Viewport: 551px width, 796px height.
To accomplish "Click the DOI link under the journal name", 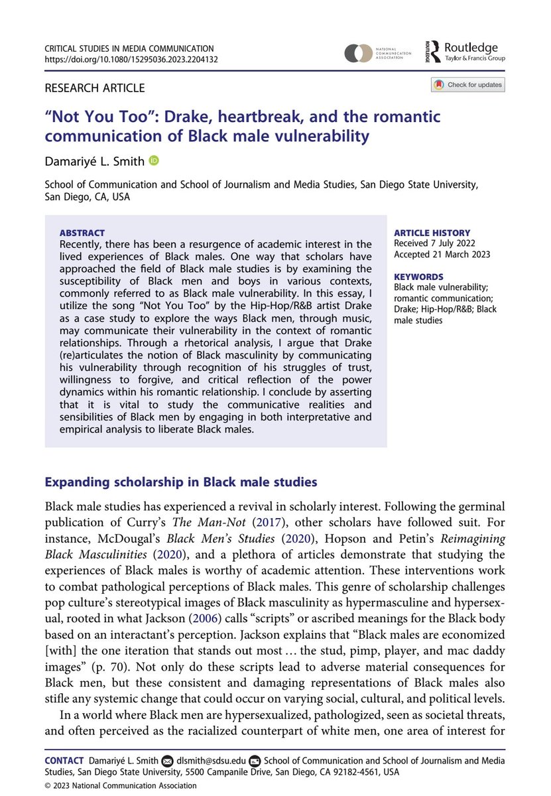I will click(x=131, y=59).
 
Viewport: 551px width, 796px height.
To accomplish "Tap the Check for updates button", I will click(x=468, y=85).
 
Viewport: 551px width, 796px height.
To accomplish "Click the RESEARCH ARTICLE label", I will click(x=94, y=88).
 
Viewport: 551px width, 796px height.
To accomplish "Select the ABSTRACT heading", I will click(x=82, y=233).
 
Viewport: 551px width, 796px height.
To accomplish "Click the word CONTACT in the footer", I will click(x=64, y=760).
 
